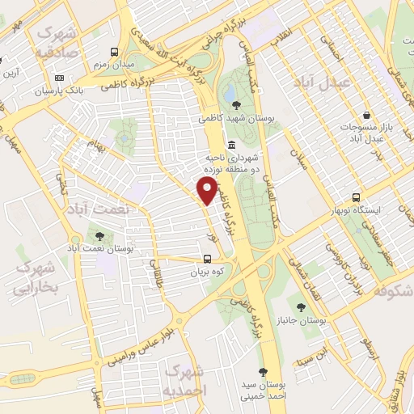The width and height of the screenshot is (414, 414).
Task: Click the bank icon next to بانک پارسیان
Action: click(x=59, y=78)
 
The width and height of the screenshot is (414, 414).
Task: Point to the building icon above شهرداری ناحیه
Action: click(x=232, y=145)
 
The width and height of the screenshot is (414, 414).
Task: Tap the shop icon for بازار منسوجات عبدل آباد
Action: click(x=368, y=114)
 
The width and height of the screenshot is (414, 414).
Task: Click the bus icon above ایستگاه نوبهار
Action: click(x=357, y=197)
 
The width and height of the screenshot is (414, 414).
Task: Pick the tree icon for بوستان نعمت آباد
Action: click(x=99, y=236)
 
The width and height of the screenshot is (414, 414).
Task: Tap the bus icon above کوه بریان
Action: click(x=208, y=260)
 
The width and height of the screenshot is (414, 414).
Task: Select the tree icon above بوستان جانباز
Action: click(x=299, y=307)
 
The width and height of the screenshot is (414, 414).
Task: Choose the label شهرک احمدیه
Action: click(x=186, y=379)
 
